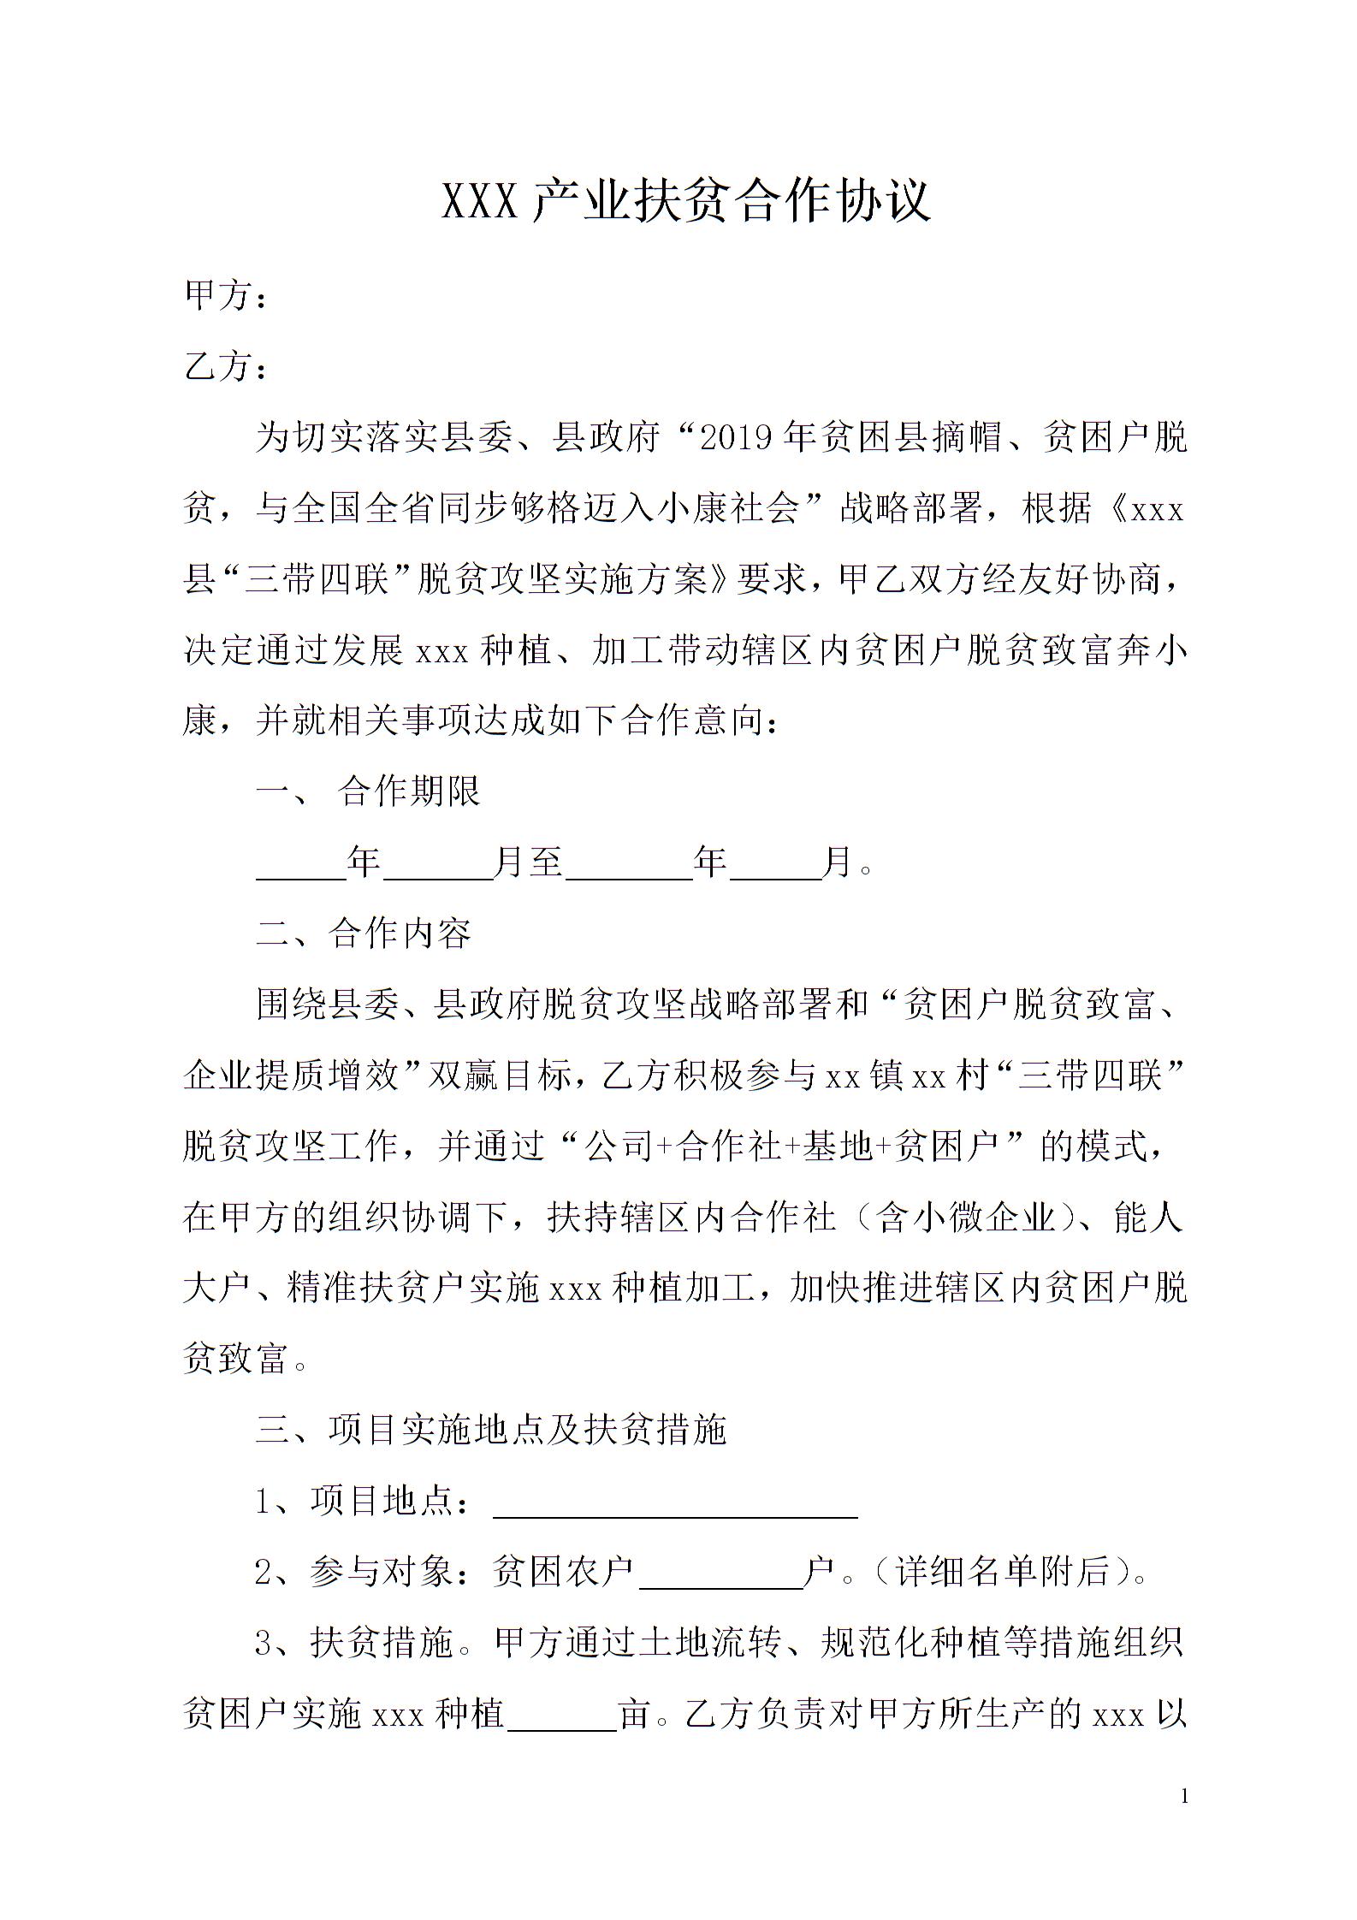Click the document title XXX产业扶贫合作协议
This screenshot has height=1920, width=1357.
click(x=685, y=201)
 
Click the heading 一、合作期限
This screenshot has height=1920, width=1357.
click(x=369, y=791)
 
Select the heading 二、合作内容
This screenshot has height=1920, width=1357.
click(x=364, y=933)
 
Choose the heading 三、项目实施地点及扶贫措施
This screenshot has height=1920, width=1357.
click(x=491, y=1429)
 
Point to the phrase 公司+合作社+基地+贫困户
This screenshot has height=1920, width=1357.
click(x=788, y=1147)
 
